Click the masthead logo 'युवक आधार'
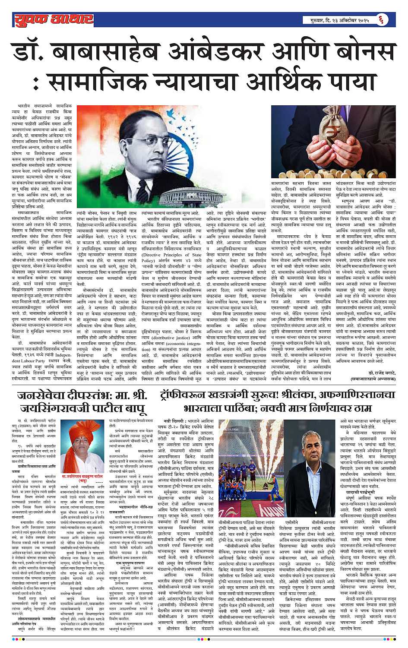53,19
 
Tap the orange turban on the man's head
82,432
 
